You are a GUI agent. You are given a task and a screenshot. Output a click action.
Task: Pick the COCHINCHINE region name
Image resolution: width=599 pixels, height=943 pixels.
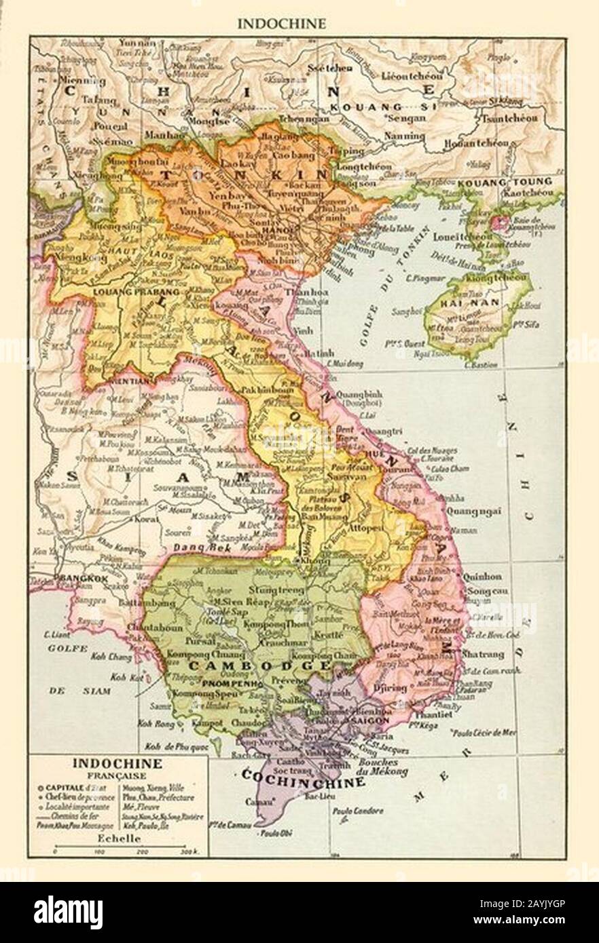coord(304,778)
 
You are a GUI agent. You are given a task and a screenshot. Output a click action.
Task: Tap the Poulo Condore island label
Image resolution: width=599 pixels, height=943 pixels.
coord(358,811)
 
